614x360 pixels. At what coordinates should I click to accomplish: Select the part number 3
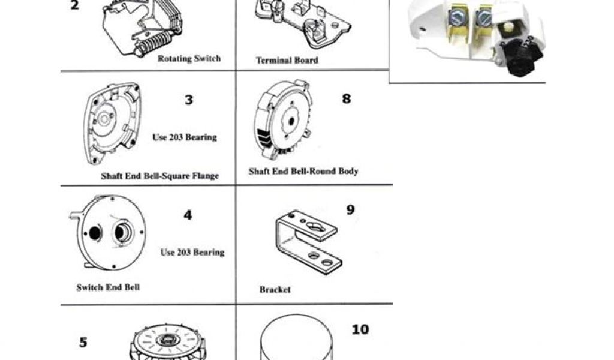(x=189, y=100)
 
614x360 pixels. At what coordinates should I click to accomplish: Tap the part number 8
(x=346, y=98)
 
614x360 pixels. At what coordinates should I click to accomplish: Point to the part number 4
(x=188, y=214)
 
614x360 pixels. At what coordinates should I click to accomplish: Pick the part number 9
(x=351, y=209)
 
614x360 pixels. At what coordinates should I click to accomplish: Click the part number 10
(x=361, y=329)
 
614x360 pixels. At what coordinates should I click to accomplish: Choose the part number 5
(x=83, y=343)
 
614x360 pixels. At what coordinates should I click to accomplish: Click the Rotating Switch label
(x=189, y=59)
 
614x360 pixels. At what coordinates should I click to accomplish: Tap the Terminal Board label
(x=287, y=61)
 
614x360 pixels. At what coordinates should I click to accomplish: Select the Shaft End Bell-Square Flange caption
(x=160, y=176)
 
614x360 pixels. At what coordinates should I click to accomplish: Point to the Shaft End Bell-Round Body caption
(x=303, y=172)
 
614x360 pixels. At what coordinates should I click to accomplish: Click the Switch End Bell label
(x=108, y=287)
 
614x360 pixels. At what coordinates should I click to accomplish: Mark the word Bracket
(x=275, y=290)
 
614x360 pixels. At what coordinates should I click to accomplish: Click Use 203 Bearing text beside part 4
(x=192, y=253)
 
